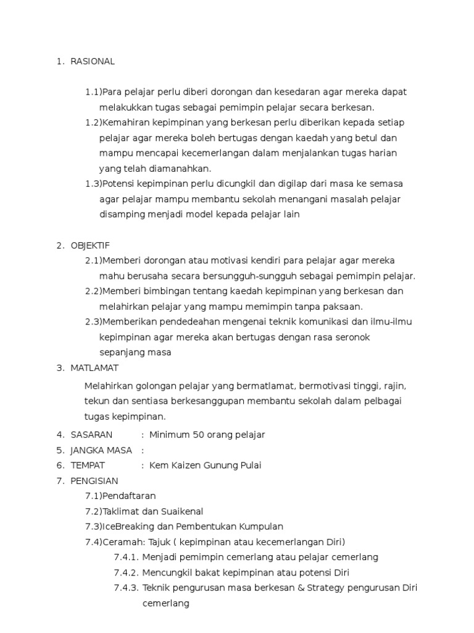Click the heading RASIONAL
tap(93, 61)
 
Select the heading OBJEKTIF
tap(90, 245)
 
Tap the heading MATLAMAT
tap(94, 368)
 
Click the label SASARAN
tap(91, 435)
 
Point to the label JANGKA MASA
tap(101, 450)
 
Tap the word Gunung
tap(231, 465)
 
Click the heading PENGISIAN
tap(94, 480)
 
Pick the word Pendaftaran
tap(130, 496)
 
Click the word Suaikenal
tap(181, 511)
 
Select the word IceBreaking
tap(127, 527)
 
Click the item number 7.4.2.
tap(127, 572)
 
